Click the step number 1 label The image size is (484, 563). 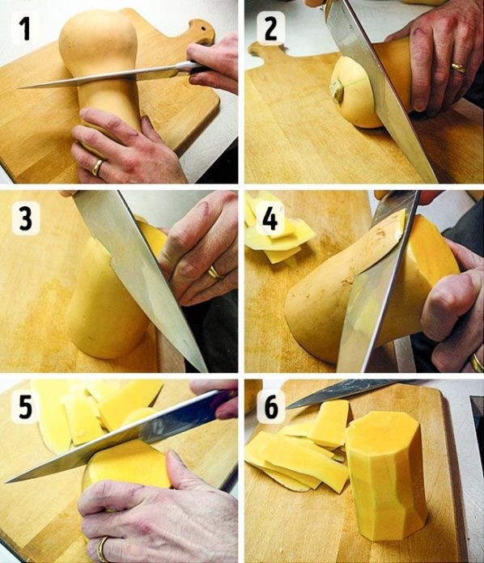(25, 28)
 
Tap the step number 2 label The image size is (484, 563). (271, 28)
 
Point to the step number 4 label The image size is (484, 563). (270, 218)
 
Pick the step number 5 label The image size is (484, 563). (25, 407)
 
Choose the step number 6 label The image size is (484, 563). (271, 407)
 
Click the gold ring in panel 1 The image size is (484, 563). (97, 167)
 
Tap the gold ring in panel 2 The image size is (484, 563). (458, 68)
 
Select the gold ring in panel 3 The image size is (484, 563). (214, 272)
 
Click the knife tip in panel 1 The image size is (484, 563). (19, 87)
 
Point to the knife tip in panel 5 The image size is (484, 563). (6, 482)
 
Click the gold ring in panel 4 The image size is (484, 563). (478, 362)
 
